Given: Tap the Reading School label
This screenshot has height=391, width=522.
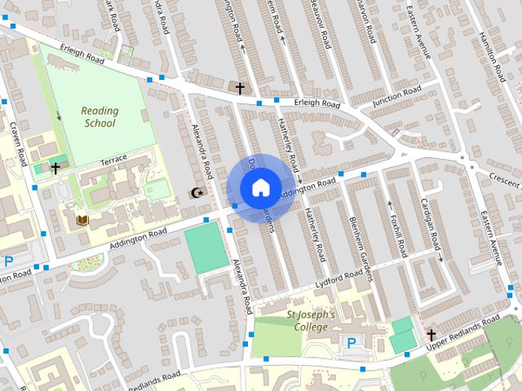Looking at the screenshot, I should pos(100,117).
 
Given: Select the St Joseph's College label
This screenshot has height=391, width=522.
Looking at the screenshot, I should pos(310,321).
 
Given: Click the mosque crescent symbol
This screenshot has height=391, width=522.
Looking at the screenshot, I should pos(195,193).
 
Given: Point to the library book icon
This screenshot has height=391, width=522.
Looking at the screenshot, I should pos(82,219).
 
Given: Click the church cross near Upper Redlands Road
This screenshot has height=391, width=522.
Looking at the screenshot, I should pos(431,334).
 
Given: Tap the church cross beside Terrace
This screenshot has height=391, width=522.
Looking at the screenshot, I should pos(55,169).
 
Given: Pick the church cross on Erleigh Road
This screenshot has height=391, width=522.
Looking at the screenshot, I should pos(240,87).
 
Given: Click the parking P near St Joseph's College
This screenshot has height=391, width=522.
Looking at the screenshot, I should pos(352,344).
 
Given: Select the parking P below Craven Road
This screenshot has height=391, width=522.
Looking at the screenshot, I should pos(9,261).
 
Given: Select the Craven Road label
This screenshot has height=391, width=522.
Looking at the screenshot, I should pos(18,134).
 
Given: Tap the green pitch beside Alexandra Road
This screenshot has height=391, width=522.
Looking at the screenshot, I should pos(206,247).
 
